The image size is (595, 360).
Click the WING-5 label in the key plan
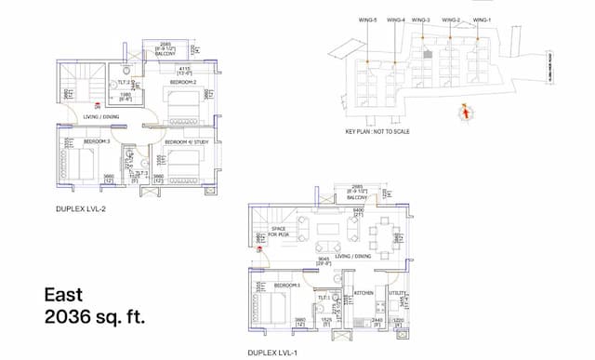(368, 19)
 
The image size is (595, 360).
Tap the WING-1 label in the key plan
(481, 19)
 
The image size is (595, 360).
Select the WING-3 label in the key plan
(422, 19)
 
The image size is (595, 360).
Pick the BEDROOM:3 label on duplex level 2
(97, 140)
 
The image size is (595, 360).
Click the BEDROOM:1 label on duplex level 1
(287, 285)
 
